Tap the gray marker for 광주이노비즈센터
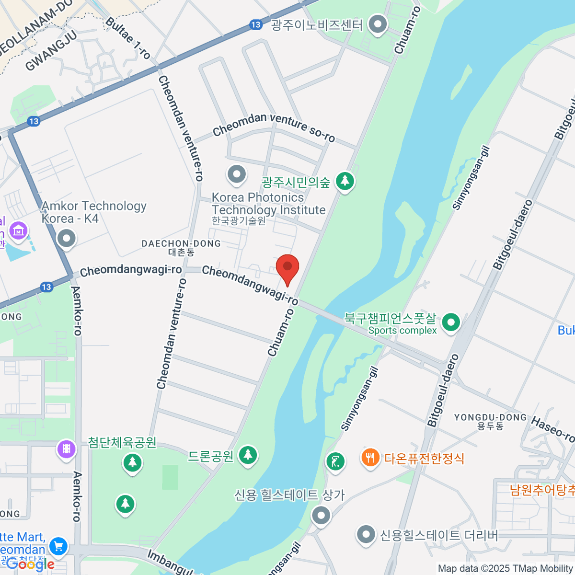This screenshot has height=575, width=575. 378,24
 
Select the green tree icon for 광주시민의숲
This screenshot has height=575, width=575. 345,181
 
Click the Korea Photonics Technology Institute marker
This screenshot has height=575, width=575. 236,174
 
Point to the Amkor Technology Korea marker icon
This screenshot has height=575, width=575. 66,238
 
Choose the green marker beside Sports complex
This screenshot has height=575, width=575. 450,322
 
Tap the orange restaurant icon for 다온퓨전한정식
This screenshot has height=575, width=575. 370,458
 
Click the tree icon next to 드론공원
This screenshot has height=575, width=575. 247,454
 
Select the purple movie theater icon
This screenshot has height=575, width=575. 66,449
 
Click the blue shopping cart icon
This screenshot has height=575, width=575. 58,547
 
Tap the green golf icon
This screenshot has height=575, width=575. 335,462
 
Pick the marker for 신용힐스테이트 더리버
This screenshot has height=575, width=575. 366,534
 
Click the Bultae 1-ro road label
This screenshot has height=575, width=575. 127,38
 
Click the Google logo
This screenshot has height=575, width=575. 30,564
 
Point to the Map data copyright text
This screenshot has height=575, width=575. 505,568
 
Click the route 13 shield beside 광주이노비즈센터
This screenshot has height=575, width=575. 256,24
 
